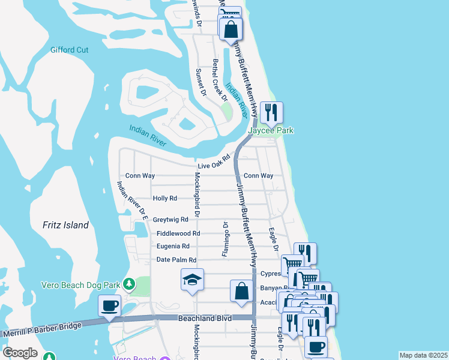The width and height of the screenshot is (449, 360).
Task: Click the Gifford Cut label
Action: [70, 50]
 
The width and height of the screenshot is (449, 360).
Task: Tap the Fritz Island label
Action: [65, 225]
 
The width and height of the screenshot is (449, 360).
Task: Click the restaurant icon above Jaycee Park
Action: [271, 112]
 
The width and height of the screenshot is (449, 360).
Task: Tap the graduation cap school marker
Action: [192, 280]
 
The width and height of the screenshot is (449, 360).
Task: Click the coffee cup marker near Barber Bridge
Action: [109, 305]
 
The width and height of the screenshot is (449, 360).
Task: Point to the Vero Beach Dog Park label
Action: [82, 283]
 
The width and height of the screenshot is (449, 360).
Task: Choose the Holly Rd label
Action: [165, 198]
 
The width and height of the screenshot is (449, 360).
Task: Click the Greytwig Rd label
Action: [170, 220]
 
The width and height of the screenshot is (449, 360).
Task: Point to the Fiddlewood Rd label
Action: [178, 233]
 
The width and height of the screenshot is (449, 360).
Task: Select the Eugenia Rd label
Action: [173, 246]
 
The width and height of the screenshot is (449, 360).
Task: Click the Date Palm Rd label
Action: [176, 260]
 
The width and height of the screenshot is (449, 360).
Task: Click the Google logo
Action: [20, 353]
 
